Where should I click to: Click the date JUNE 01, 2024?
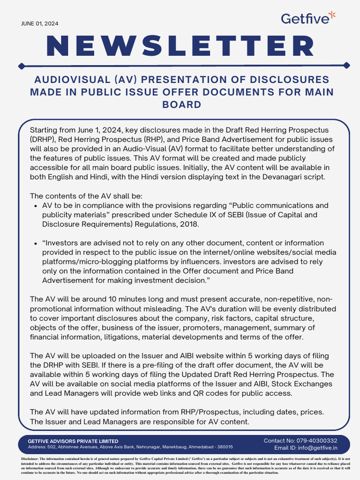[40, 23]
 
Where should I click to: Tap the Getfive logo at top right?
[308, 18]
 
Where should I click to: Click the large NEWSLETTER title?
[180, 45]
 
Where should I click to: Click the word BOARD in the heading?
[182, 104]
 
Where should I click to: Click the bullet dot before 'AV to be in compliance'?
[37, 206]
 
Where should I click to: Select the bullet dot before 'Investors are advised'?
[37, 243]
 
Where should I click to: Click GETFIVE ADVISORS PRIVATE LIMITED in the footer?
[73, 441]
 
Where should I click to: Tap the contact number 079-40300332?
[314, 441]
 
